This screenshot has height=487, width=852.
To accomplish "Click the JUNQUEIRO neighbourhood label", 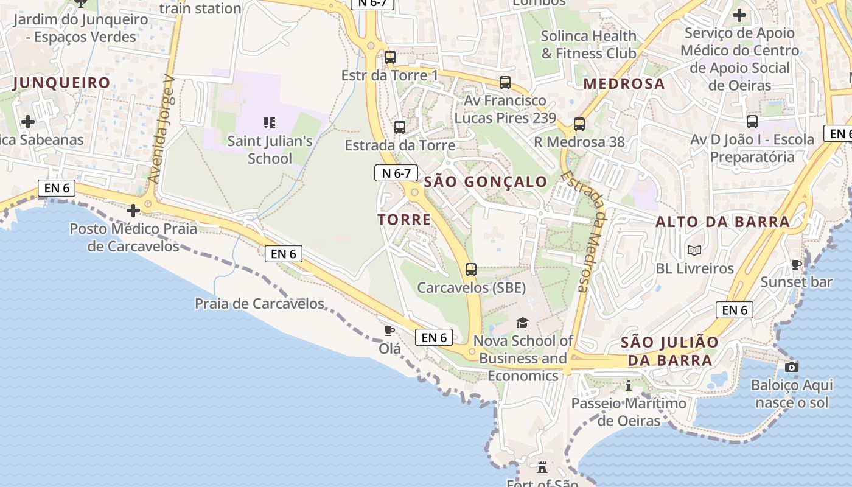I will [x=61, y=83].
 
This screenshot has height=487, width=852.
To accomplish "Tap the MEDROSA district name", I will [x=624, y=84].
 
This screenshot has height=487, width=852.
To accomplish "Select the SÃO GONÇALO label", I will [x=485, y=181].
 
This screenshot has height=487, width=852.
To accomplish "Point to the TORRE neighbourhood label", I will [x=404, y=220].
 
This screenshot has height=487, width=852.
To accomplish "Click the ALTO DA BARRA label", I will [x=722, y=222].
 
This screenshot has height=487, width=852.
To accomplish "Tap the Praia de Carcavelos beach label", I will [x=259, y=303].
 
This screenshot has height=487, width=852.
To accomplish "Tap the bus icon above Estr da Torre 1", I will [x=390, y=58].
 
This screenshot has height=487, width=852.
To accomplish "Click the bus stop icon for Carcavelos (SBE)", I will [x=470, y=269].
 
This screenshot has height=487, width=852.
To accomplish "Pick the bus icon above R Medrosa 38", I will [x=579, y=124].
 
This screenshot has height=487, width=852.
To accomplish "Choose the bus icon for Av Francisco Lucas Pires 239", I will [x=505, y=83].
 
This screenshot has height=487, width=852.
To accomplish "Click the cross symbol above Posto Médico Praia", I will [x=133, y=211].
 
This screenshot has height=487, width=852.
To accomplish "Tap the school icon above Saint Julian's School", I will [x=270, y=123].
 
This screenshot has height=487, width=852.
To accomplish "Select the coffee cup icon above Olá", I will [x=389, y=331].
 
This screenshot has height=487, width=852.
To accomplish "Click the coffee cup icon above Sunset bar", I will [x=796, y=264].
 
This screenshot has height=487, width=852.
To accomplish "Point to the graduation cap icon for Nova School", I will [x=522, y=323].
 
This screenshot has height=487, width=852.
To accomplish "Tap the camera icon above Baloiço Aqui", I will [x=791, y=367].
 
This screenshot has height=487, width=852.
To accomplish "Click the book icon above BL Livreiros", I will [x=694, y=250].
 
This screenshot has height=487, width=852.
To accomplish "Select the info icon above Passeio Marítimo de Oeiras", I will [x=629, y=385].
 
